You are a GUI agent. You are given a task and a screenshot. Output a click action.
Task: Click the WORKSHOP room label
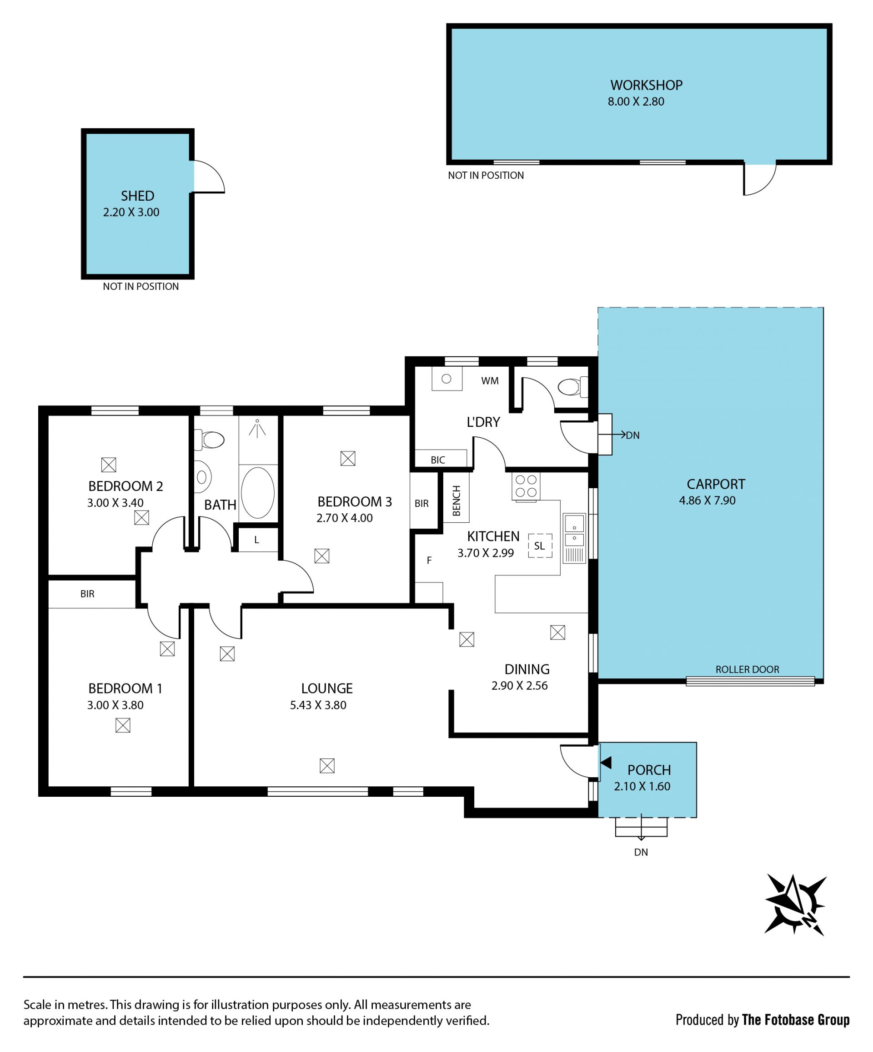click(x=646, y=85)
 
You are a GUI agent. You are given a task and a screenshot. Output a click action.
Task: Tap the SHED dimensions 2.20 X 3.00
click(x=131, y=212)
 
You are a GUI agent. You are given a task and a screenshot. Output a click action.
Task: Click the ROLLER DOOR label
click(x=747, y=669)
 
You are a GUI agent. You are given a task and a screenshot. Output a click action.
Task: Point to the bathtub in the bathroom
click(x=258, y=492)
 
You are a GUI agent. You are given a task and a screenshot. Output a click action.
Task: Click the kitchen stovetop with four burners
click(x=526, y=486)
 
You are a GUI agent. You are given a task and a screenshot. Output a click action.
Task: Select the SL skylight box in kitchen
click(x=540, y=546)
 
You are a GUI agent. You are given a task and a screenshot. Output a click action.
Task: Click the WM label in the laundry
click(x=490, y=381)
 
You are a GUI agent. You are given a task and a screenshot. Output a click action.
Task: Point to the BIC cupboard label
click(x=437, y=460)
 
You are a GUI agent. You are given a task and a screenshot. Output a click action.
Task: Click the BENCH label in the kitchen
click(x=456, y=501)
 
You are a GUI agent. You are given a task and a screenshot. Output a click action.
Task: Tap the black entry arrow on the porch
click(x=606, y=763)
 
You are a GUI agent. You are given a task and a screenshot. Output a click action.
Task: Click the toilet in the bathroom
click(x=209, y=440)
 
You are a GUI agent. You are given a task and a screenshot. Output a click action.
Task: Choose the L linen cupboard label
click(x=257, y=540)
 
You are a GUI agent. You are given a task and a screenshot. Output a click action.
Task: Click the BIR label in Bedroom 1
click(x=87, y=594)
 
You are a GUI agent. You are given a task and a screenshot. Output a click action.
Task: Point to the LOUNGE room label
click(x=327, y=688)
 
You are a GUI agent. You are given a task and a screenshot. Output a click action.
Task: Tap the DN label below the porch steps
click(x=641, y=852)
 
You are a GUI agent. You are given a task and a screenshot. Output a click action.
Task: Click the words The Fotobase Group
click(x=795, y=1020)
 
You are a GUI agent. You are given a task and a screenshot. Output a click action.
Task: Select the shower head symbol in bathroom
click(x=257, y=428)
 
